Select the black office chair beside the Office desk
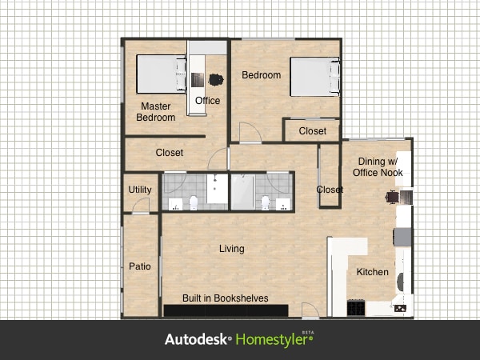(215, 79)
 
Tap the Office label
(207, 101)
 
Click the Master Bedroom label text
(155, 112)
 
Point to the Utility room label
(140, 190)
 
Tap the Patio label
(140, 266)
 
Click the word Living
(232, 249)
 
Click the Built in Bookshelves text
(225, 298)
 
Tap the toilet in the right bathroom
(264, 203)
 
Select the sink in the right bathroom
(282, 203)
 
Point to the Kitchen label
(372, 272)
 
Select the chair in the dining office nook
(392, 196)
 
